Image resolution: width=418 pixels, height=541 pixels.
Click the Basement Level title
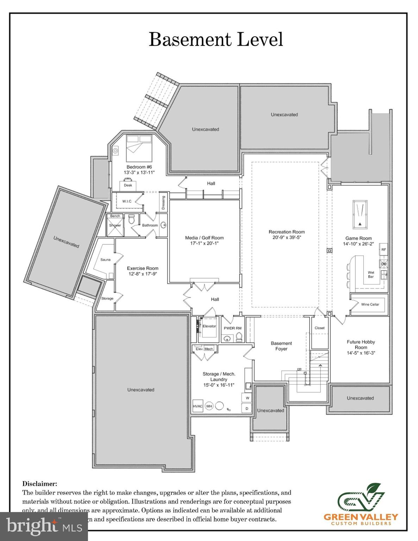coord(216,39)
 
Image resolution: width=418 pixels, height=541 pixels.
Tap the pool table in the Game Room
coord(359,214)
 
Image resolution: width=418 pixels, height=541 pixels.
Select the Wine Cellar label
coord(370,304)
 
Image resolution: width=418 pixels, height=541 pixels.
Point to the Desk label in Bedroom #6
coord(127,185)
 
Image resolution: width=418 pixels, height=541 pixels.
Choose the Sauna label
coord(105,260)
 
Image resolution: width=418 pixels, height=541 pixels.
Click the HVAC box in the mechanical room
coord(198,406)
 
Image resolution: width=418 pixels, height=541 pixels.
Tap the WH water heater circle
coord(209,406)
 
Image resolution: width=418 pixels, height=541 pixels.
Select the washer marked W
coord(247,398)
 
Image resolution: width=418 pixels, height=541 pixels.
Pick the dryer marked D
coord(247,408)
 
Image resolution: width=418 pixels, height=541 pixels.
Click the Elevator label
coord(209,326)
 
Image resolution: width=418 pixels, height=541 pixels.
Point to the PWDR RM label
coord(232,328)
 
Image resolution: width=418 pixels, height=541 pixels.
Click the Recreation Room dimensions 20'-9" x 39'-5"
coord(287,237)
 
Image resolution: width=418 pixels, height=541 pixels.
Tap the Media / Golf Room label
coord(204,238)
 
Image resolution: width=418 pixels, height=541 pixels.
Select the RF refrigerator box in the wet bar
coord(383,249)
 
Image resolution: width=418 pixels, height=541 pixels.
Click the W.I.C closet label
coord(127,201)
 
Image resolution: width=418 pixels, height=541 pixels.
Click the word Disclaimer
coord(39,484)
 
